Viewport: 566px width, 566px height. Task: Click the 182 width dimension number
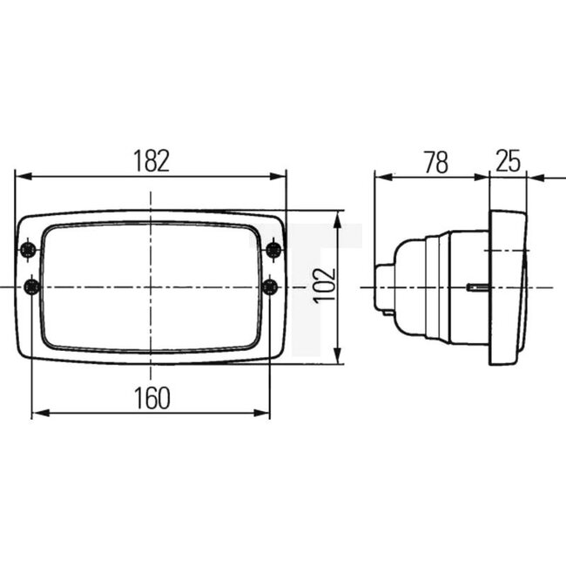click(151, 161)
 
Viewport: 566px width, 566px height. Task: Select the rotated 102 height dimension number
click(324, 285)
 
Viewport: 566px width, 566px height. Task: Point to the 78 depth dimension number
click(435, 162)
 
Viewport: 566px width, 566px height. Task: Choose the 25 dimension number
click(509, 162)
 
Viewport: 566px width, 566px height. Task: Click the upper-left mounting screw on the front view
click(29, 251)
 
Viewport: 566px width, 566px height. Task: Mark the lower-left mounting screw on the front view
click(32, 286)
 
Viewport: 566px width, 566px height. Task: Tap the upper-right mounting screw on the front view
click(274, 251)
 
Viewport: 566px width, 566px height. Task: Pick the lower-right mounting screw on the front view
click(270, 286)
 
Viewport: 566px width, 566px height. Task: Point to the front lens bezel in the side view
click(509, 287)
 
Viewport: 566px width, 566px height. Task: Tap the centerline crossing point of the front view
click(152, 286)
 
